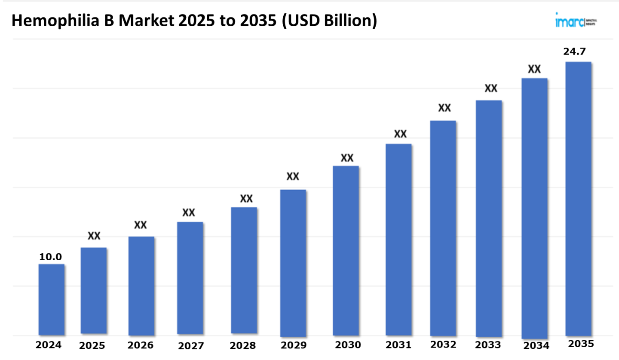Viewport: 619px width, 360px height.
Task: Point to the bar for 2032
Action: point(443,228)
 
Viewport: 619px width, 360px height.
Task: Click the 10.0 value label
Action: point(51,257)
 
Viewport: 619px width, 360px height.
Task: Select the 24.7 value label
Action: point(575,52)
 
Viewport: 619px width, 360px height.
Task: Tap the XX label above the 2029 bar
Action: point(293,177)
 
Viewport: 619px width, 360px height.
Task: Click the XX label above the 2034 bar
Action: point(534,69)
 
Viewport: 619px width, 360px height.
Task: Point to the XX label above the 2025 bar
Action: point(94,236)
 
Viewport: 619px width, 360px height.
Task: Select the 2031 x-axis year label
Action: point(398,345)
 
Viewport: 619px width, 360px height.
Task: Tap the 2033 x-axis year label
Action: point(488,345)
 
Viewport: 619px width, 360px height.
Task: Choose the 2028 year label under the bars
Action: point(242,345)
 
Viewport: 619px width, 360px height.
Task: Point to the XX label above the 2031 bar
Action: point(400,134)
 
